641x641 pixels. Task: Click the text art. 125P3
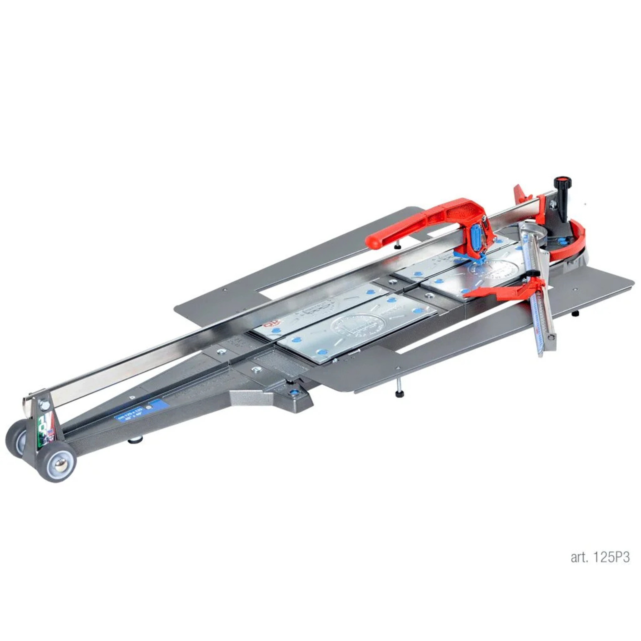click(x=600, y=557)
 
